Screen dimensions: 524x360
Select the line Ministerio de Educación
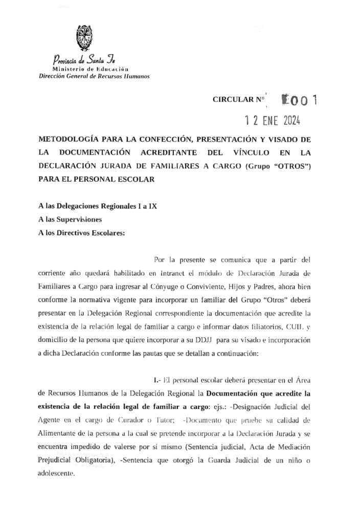(x=90, y=68)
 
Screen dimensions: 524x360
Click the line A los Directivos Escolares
(x=81, y=233)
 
